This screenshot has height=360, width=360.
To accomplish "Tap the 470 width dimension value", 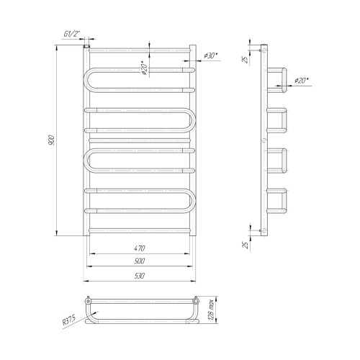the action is (140, 248).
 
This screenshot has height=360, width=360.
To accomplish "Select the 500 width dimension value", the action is (140, 261).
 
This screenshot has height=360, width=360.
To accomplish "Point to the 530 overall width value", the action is (140, 276).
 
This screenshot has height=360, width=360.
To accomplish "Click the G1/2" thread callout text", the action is (71, 34).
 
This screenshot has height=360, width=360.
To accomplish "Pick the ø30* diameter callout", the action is (211, 55).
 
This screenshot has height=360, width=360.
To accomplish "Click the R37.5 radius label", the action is (69, 320).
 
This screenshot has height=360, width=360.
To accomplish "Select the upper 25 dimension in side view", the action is (245, 59).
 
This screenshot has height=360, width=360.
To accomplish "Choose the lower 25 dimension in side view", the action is (245, 245).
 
